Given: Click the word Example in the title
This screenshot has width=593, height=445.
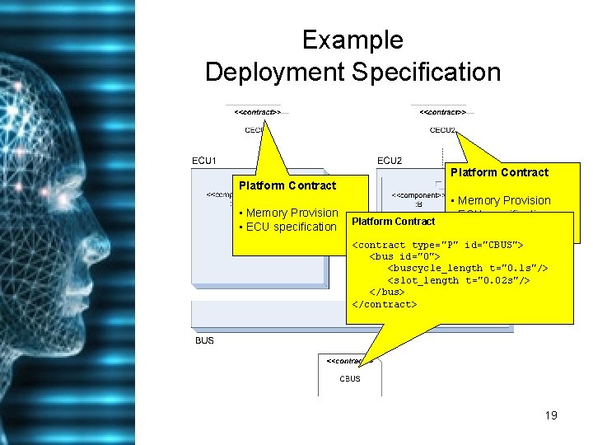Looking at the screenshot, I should pos(353,40).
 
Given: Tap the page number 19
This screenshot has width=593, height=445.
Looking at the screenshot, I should pos(551,415).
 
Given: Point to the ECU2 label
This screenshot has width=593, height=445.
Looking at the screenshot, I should pos(389,160).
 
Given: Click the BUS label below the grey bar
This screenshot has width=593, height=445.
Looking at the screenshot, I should pos(204,340).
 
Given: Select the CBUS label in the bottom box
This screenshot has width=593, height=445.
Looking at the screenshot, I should pos(350,379).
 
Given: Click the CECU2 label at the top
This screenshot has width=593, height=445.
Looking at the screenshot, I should pos(442,129).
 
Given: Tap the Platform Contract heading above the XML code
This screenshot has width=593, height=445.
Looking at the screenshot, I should pos(393,221).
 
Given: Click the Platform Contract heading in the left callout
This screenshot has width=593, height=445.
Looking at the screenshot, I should pos(287,185).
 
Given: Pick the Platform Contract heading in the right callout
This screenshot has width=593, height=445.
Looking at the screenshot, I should pos(499,172).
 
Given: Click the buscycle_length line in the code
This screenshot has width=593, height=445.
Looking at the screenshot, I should pos(468,269).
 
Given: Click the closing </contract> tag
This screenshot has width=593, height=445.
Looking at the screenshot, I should pos(385,304).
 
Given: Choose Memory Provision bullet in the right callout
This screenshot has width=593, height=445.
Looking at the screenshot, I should pos(503,200).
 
